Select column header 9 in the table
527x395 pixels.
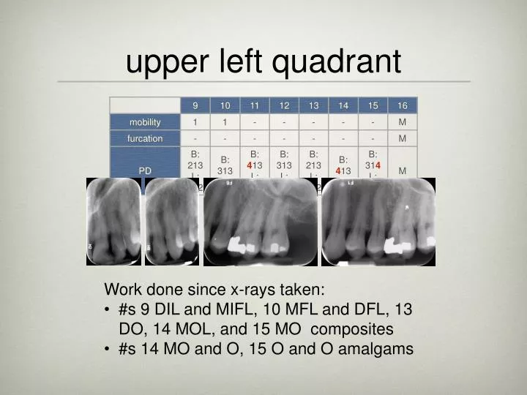195,105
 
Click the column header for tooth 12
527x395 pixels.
284,105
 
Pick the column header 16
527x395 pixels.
403,105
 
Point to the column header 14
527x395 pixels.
343,105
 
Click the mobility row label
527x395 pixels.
145,121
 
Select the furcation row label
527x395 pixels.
145,138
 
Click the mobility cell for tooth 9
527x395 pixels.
195,121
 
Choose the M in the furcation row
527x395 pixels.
403,138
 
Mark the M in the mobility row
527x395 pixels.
403,121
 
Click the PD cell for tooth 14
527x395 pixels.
343,165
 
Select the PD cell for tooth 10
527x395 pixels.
225,165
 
